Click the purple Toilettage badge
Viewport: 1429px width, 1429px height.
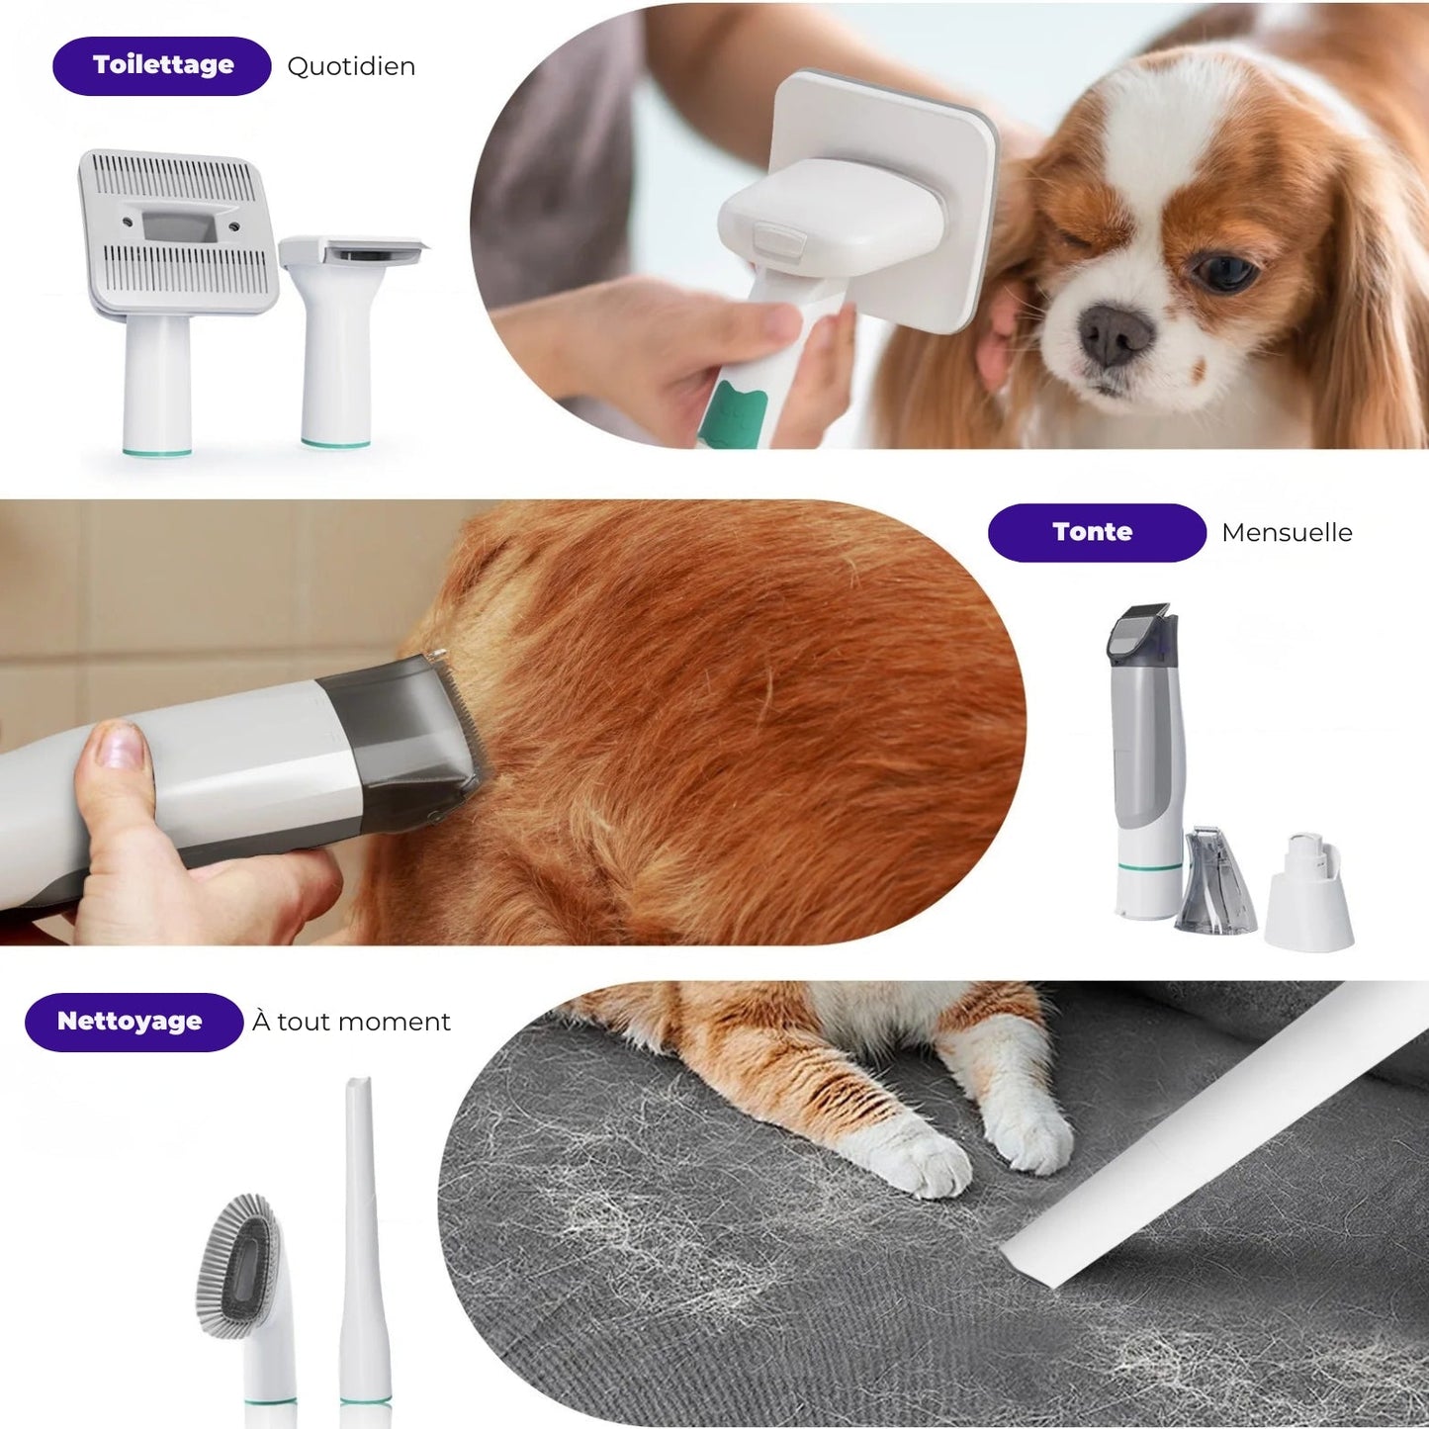pos(162,66)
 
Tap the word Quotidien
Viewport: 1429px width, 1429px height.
pos(351,66)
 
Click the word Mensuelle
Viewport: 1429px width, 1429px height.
pos(1287,533)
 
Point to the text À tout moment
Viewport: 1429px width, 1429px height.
pos(351,1022)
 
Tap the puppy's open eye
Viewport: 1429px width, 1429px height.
pos(1224,272)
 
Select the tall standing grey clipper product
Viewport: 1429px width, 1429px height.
pos(1145,761)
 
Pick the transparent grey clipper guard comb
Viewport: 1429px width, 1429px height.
pos(1215,882)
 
